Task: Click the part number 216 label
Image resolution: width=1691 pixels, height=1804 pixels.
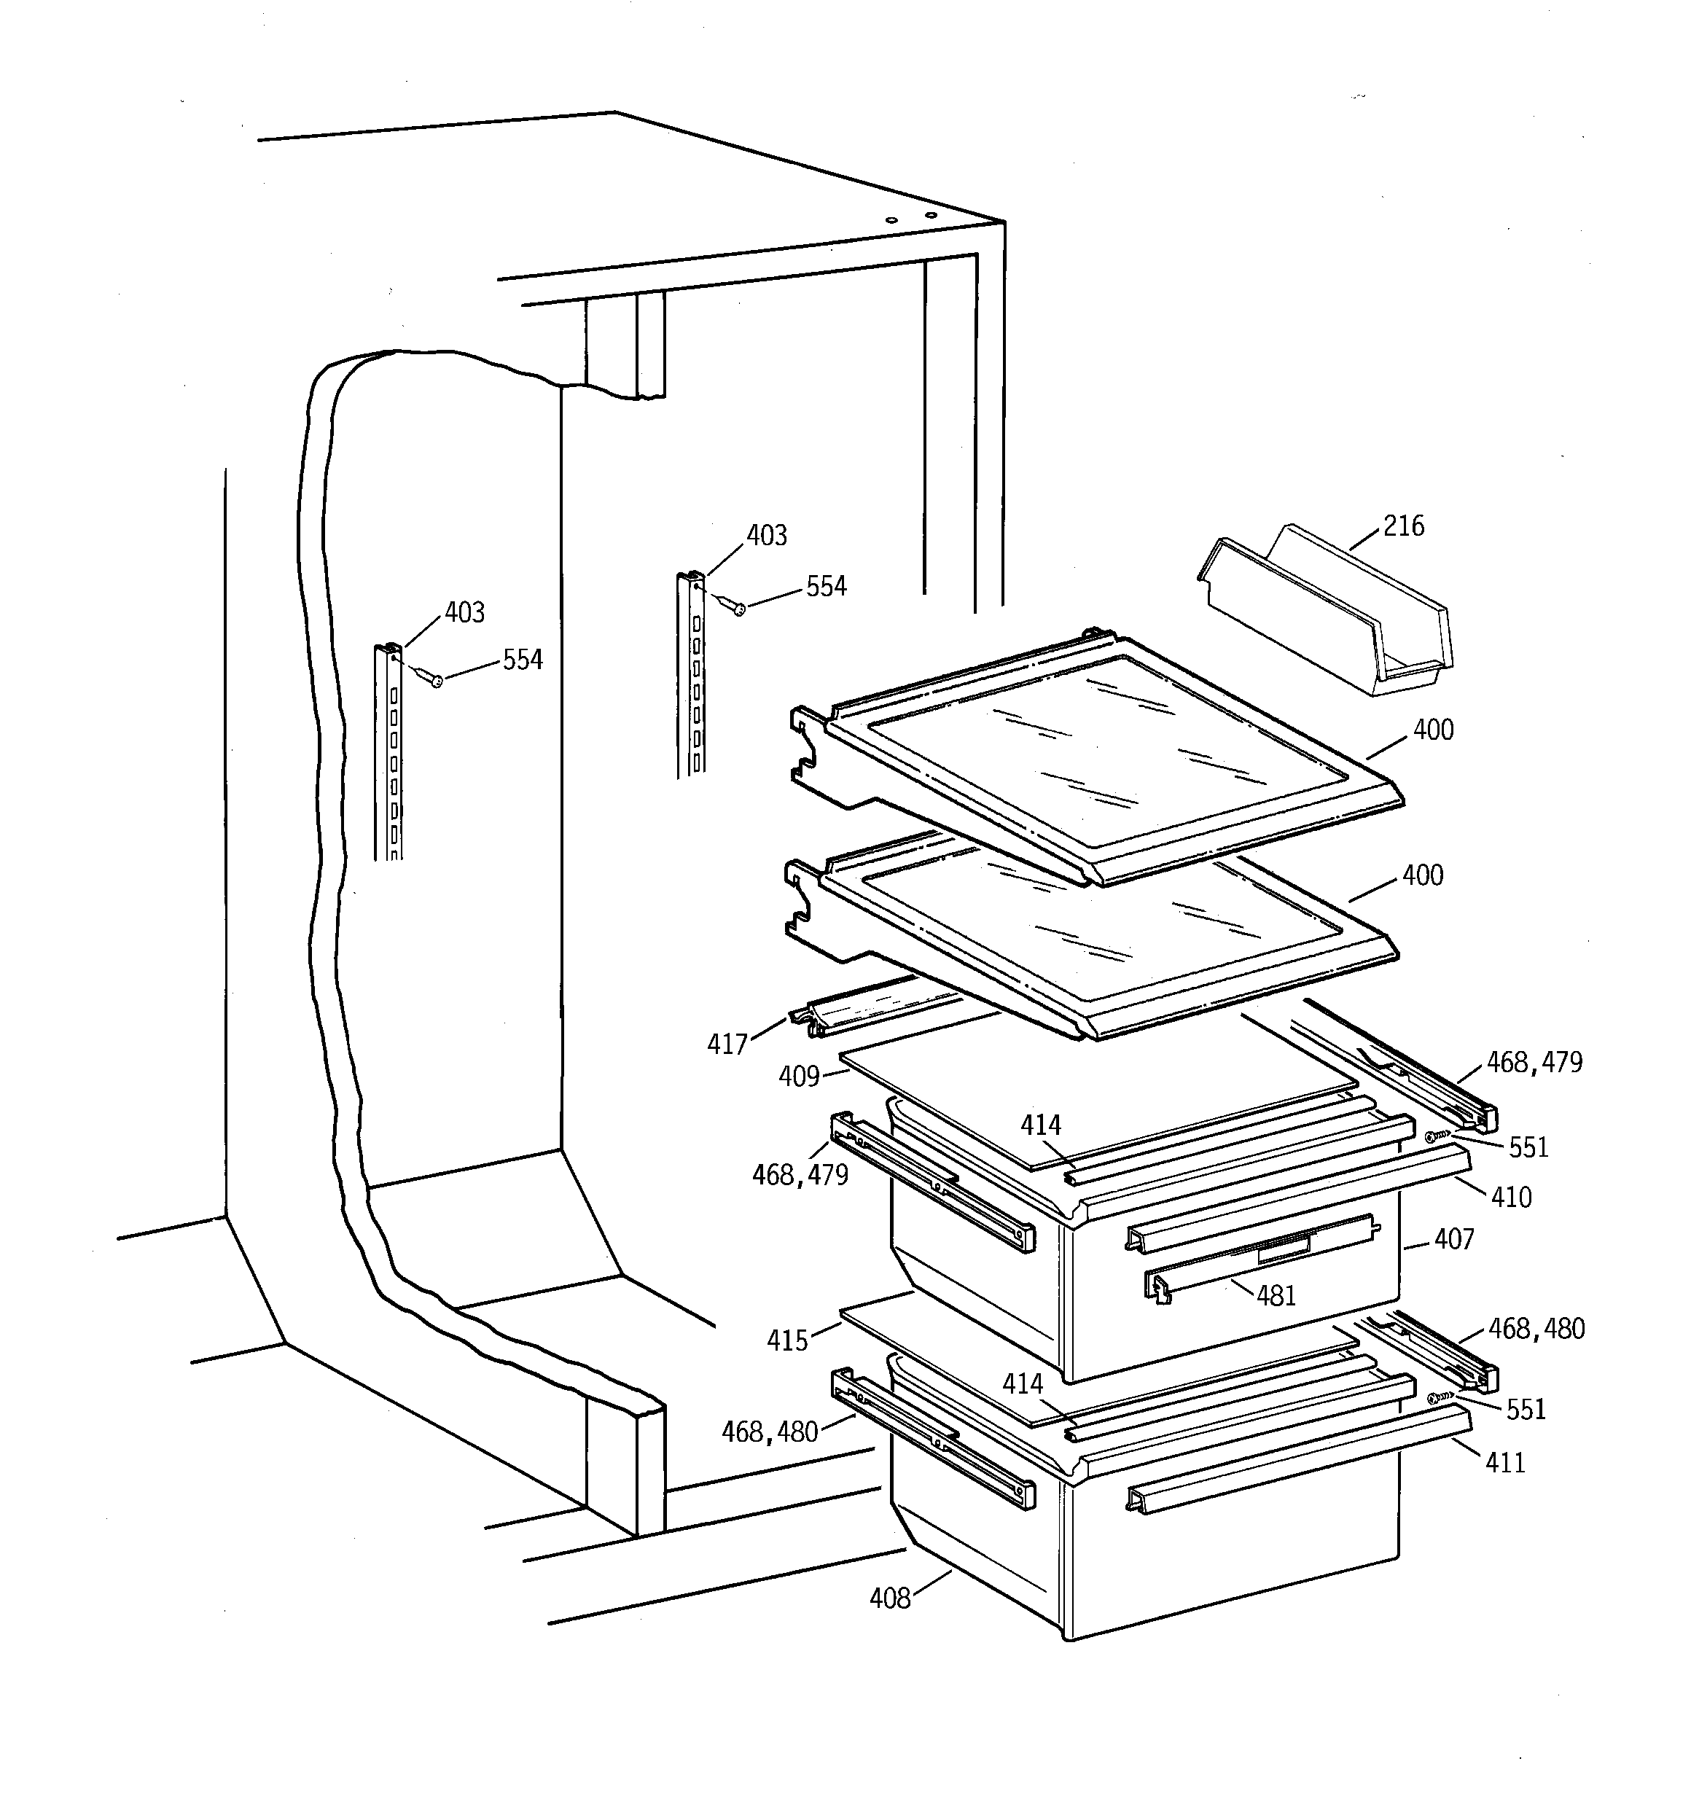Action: (1403, 526)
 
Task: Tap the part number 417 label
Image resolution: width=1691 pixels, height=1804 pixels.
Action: (727, 1044)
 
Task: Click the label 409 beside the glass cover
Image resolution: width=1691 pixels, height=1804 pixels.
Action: (799, 1077)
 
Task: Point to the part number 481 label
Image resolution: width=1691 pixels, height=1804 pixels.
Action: (1276, 1296)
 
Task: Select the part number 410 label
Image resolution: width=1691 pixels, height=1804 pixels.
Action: (1511, 1198)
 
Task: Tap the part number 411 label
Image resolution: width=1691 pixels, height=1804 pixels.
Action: (1505, 1463)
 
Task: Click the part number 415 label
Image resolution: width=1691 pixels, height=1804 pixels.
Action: (787, 1341)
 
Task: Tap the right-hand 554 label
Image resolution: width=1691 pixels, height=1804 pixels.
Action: (826, 587)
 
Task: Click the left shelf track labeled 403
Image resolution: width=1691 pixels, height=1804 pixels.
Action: (388, 753)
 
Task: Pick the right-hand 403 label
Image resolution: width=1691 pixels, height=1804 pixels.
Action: (766, 536)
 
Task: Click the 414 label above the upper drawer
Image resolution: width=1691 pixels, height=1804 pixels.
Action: (1040, 1126)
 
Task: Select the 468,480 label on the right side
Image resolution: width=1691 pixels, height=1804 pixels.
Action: (1536, 1329)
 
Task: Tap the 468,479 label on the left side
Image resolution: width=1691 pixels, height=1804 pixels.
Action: (800, 1175)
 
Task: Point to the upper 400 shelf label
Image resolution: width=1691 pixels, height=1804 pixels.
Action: (1433, 730)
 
